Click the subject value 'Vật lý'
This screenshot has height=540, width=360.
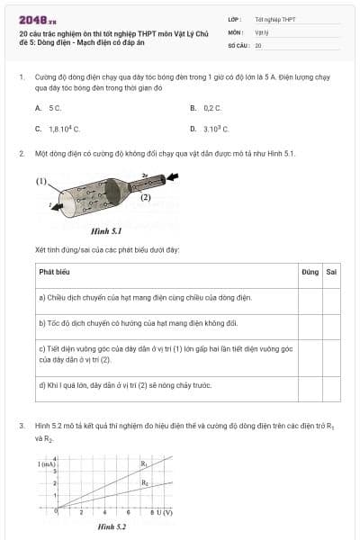click(x=263, y=31)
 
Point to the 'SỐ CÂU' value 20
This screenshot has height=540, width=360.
click(x=258, y=44)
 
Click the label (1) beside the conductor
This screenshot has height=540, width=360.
click(x=41, y=181)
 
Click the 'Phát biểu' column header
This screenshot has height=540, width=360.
click(x=55, y=271)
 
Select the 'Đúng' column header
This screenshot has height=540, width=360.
click(x=310, y=271)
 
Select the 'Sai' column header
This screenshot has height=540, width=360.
click(x=331, y=271)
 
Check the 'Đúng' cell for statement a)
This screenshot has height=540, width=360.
click(x=310, y=297)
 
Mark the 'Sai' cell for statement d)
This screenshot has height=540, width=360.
click(x=331, y=387)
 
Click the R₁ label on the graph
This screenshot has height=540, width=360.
click(x=144, y=463)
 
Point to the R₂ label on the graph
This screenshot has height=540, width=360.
click(x=145, y=483)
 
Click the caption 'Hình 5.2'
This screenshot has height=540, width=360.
click(x=112, y=526)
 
